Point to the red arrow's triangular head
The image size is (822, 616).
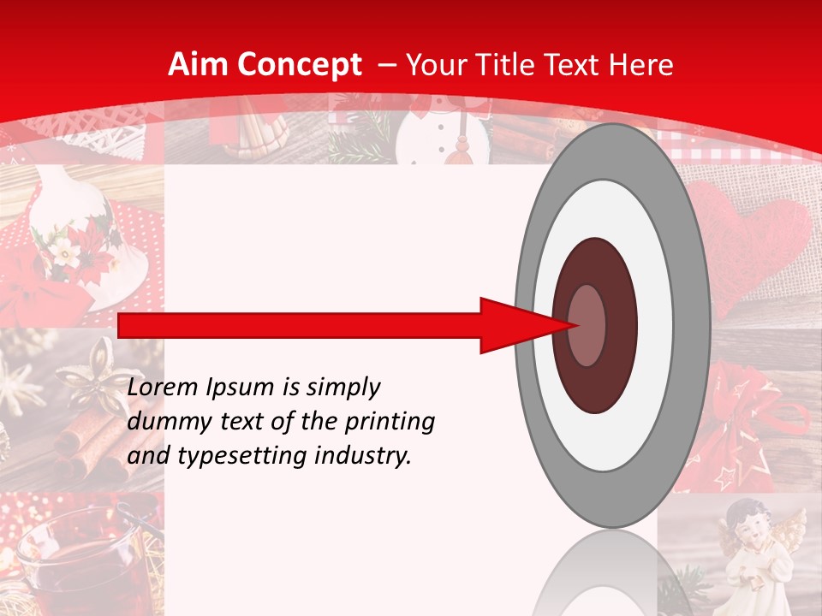click(x=518, y=325)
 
